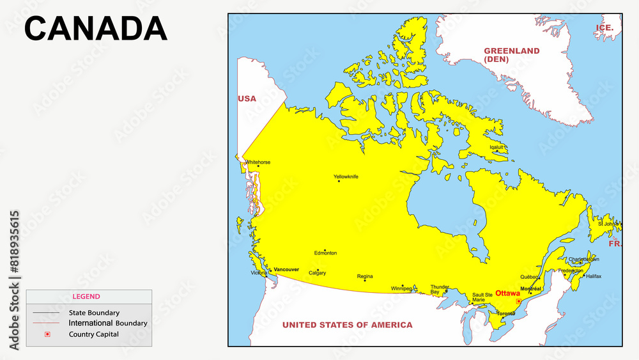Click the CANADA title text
(x=96, y=29)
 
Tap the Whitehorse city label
(x=258, y=162)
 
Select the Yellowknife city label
(x=346, y=176)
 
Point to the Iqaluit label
(x=497, y=147)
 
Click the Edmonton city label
(x=325, y=253)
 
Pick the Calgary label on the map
(x=317, y=273)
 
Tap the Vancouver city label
(x=286, y=270)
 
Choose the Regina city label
(x=365, y=276)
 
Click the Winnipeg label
(x=401, y=288)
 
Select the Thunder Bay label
(x=439, y=290)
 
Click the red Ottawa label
(x=507, y=293)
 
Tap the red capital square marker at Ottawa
(x=518, y=301)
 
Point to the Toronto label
(x=506, y=313)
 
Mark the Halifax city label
(x=593, y=276)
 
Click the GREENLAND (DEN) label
(x=511, y=55)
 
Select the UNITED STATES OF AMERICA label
(x=347, y=325)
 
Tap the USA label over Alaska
(x=247, y=98)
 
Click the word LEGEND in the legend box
(x=86, y=297)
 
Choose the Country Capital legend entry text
(x=94, y=334)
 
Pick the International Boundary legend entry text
(x=108, y=324)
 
